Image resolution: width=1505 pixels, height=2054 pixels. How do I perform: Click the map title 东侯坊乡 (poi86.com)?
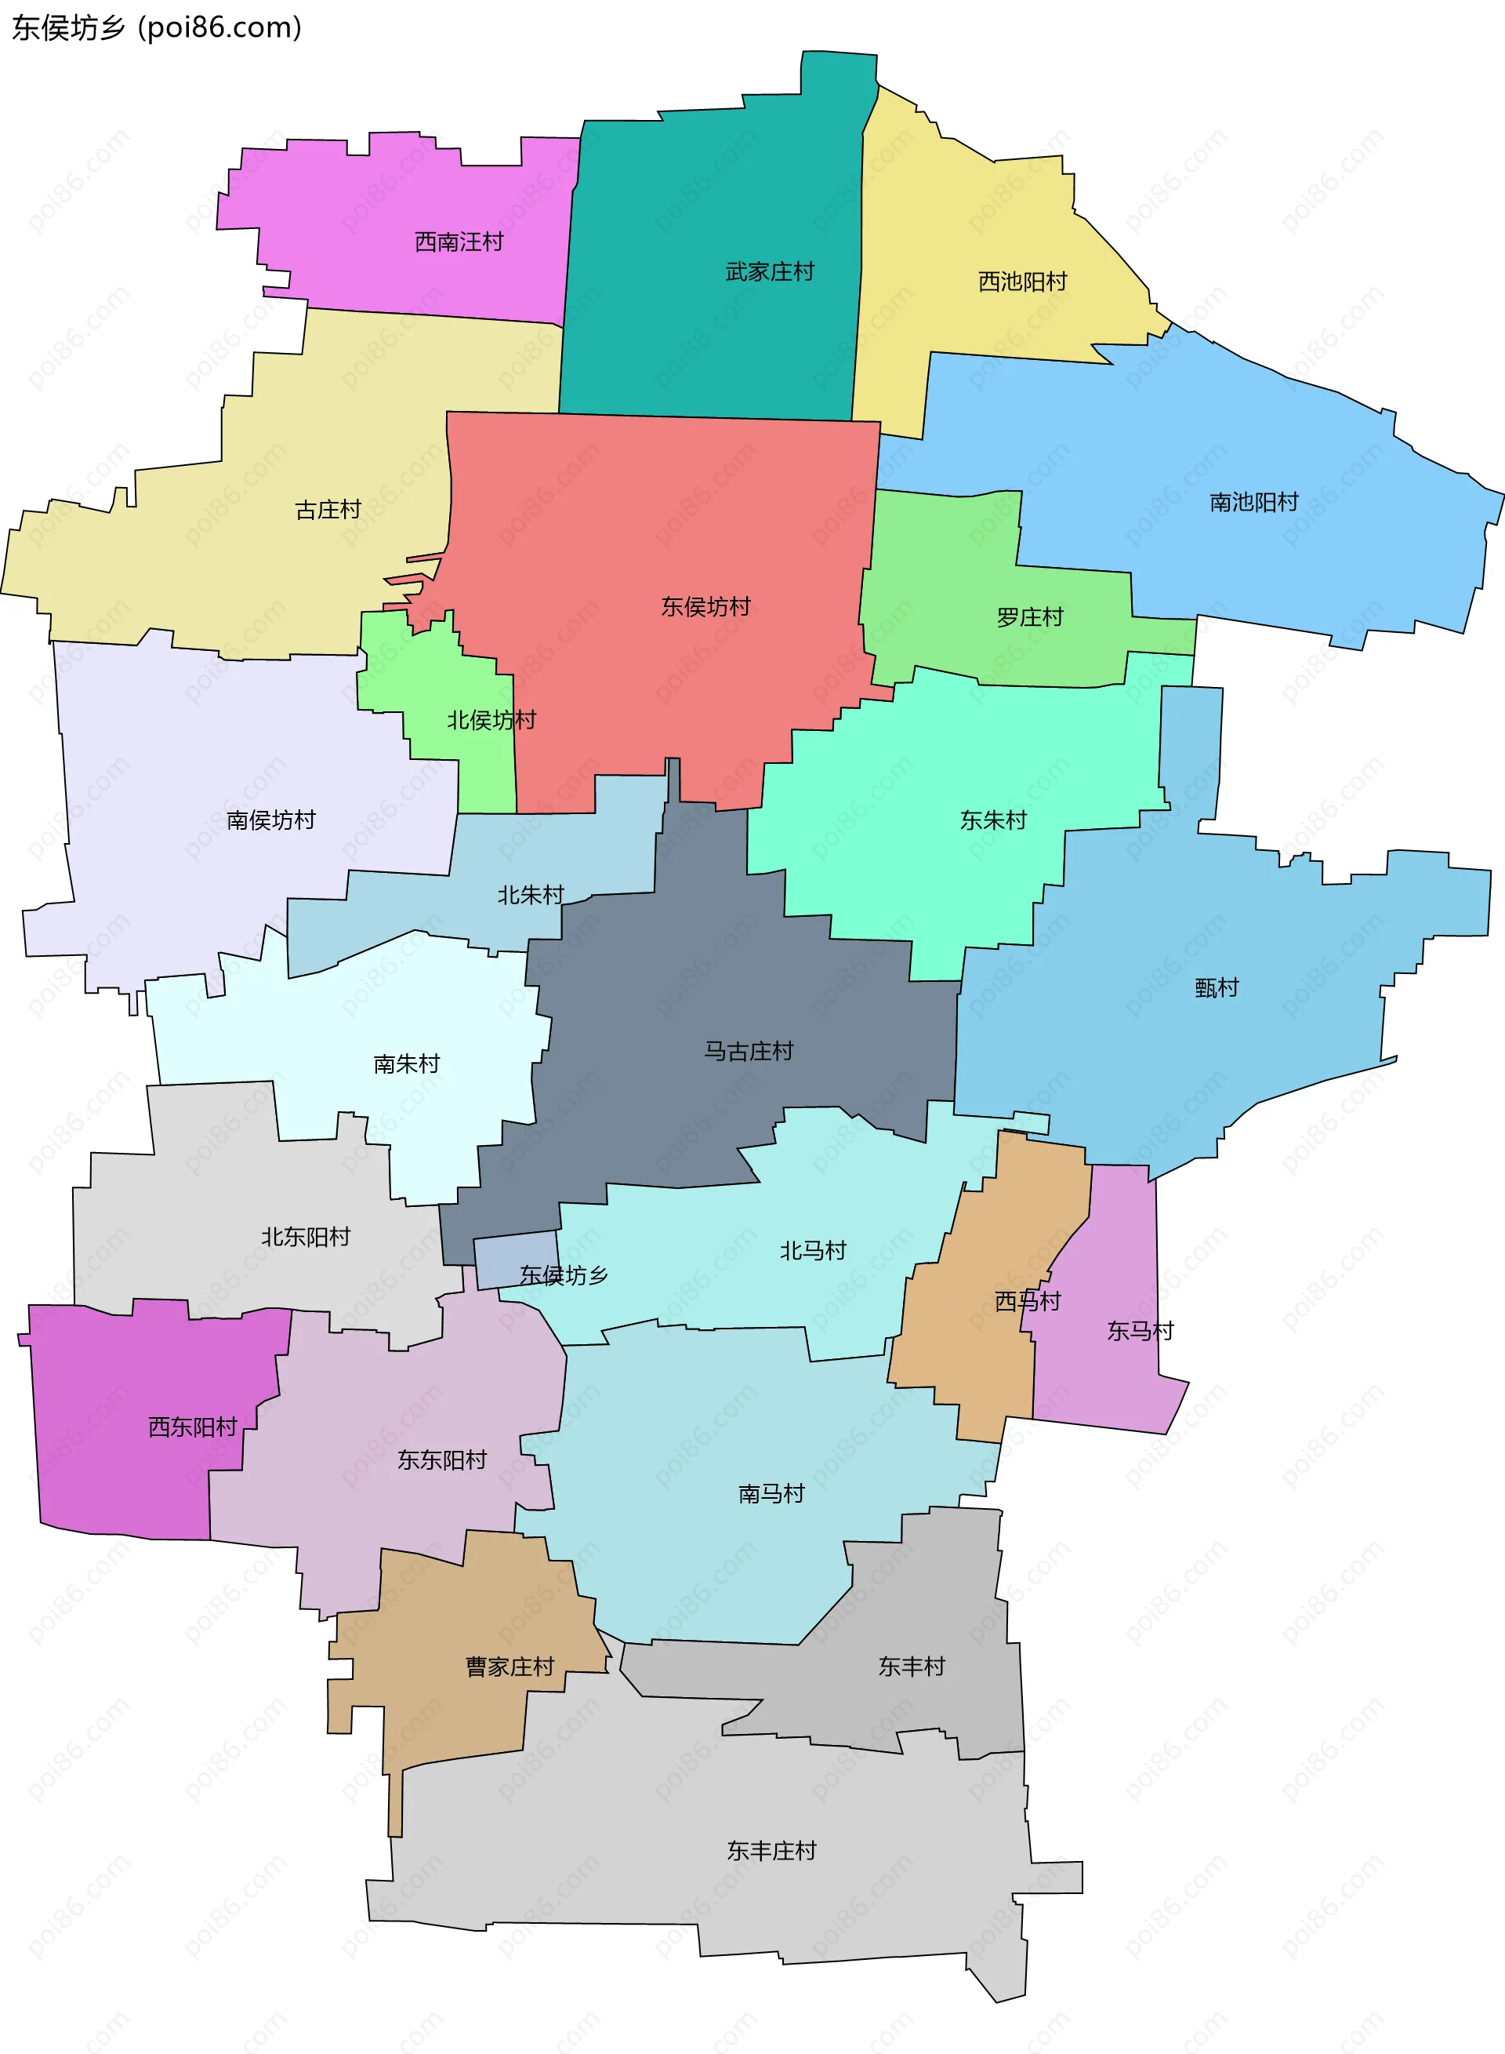tap(156, 28)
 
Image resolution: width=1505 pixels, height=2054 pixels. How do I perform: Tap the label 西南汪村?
tap(459, 242)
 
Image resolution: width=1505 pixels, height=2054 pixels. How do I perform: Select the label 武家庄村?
tap(769, 271)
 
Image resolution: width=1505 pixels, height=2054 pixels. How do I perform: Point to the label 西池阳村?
tap(1021, 282)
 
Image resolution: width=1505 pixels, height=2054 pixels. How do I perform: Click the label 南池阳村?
tap(1253, 502)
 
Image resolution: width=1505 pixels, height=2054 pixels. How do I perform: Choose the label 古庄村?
tap(328, 510)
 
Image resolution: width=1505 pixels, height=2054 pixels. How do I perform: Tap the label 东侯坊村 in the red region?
tap(705, 606)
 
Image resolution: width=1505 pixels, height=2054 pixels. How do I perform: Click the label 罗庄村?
tap(1029, 617)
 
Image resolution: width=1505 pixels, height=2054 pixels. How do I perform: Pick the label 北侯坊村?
tap(490, 720)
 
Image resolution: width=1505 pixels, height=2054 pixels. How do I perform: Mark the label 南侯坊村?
tap(270, 820)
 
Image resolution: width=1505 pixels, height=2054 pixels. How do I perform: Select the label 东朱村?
tap(993, 820)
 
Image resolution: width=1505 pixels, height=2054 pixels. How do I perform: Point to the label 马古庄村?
tap(748, 1051)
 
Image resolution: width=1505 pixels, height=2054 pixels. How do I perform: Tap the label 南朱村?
tap(406, 1063)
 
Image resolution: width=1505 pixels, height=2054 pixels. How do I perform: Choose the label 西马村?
tap(1028, 1300)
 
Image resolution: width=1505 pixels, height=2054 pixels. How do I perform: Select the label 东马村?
tap(1140, 1330)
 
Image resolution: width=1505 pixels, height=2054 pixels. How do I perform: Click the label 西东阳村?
tap(192, 1426)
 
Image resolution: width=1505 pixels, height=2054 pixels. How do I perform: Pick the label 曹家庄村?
tap(510, 1666)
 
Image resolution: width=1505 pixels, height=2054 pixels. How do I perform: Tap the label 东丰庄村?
tap(771, 1850)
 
